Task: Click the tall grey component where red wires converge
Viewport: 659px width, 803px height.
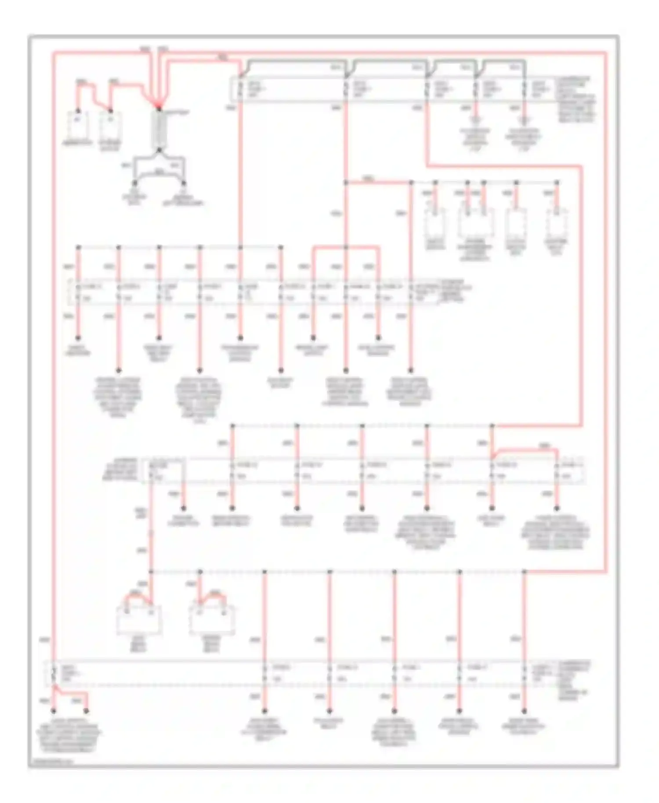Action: tap(159, 130)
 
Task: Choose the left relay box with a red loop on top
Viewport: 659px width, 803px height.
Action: tap(139, 620)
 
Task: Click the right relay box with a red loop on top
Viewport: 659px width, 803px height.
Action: tap(212, 620)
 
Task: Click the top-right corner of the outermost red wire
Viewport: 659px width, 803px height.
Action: tap(606, 53)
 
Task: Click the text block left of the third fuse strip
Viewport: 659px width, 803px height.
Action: tap(119, 469)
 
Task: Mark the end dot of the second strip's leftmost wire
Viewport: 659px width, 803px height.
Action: tap(78, 338)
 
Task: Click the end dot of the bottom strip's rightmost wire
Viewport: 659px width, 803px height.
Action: tap(524, 711)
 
